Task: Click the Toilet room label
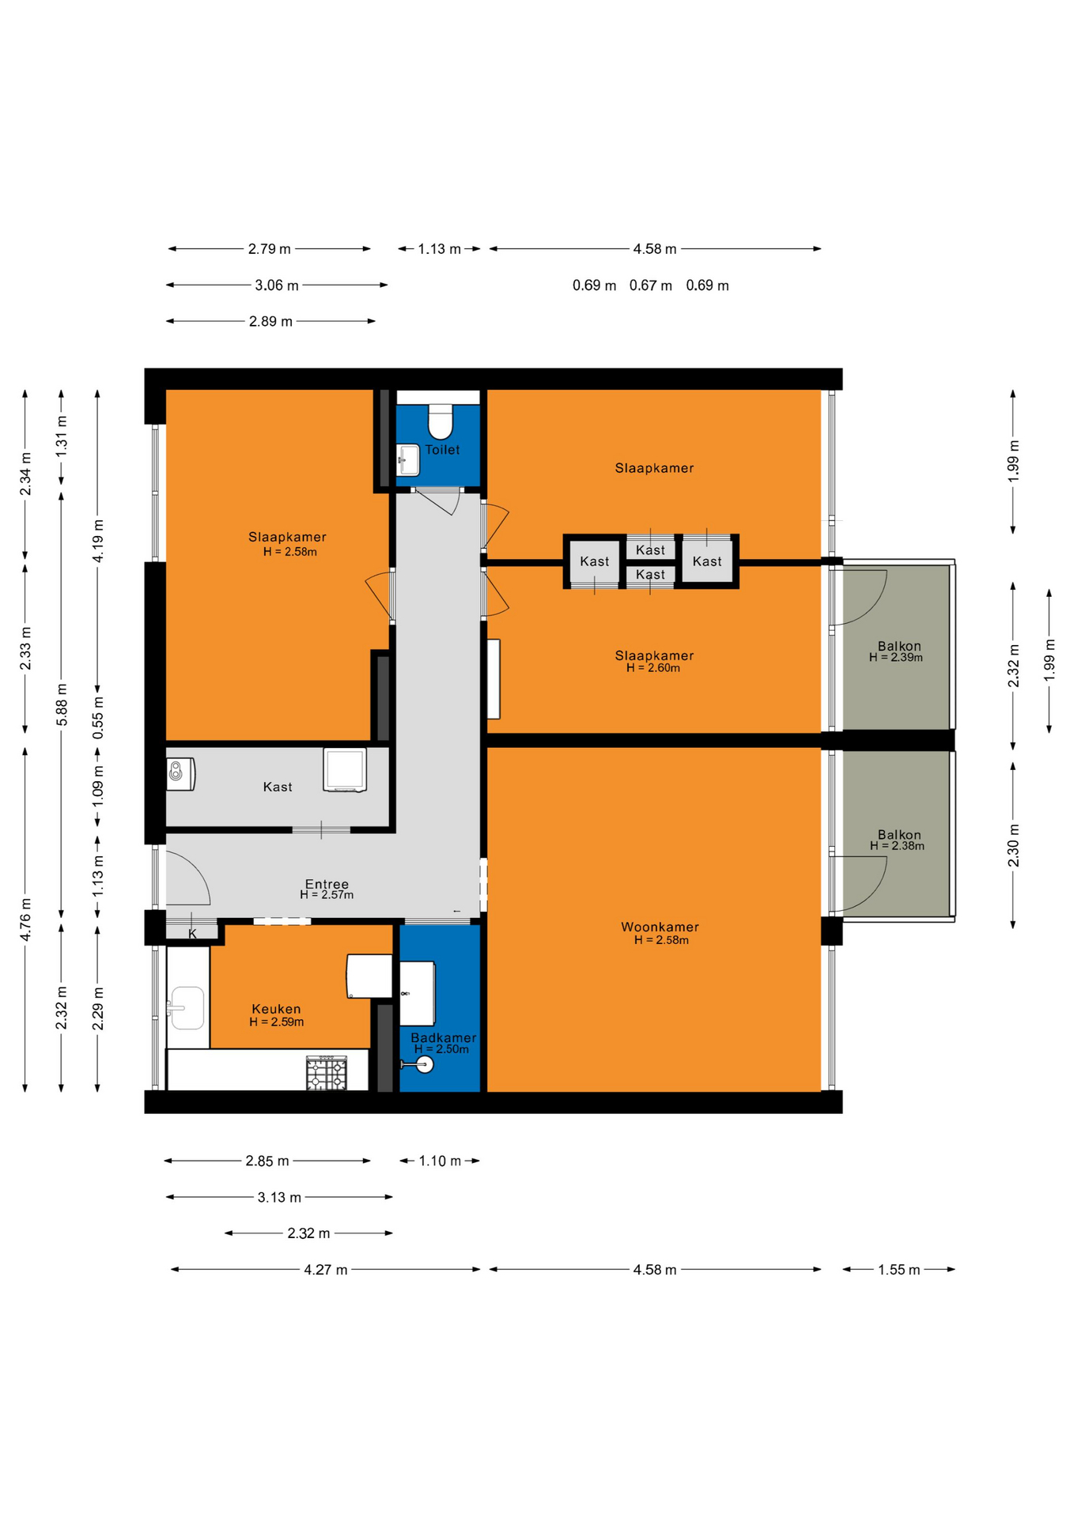point(442,450)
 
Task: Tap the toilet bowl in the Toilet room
point(441,422)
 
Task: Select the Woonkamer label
point(660,927)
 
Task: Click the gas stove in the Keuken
point(327,1073)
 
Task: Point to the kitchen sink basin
point(187,1008)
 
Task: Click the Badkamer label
point(443,1037)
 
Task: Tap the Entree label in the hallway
point(327,884)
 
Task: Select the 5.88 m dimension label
point(62,704)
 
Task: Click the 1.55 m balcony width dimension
point(898,1270)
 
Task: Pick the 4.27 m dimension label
point(326,1270)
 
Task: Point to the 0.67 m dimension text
point(650,285)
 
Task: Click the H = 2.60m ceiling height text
point(653,668)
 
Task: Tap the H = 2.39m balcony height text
point(896,657)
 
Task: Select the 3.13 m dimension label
point(279,1197)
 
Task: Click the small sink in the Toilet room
point(408,459)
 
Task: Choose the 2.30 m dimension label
point(1013,845)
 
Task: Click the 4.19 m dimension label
point(98,541)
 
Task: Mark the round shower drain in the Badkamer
point(425,1065)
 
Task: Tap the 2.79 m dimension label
point(269,249)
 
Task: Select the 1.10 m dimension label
point(439,1161)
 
